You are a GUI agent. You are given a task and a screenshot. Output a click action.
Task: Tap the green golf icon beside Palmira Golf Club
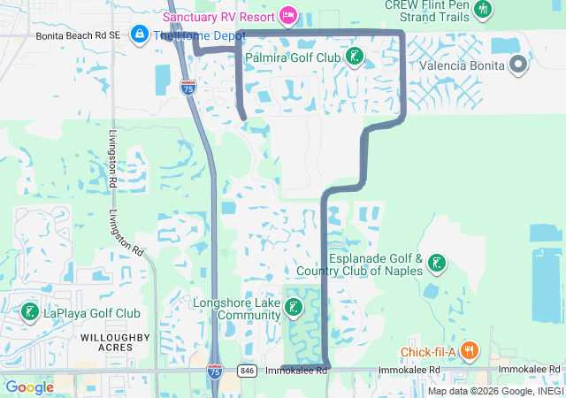(355, 57)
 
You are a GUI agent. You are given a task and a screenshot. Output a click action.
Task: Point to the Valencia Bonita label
(461, 65)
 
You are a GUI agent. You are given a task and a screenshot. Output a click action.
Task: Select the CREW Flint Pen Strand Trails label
(425, 10)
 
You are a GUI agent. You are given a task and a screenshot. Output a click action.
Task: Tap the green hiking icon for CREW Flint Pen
(482, 10)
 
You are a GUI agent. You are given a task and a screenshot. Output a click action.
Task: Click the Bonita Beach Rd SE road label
(78, 36)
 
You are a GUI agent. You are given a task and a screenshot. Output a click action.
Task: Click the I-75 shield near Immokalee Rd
(215, 372)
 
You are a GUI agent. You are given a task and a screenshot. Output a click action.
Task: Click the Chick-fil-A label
(427, 352)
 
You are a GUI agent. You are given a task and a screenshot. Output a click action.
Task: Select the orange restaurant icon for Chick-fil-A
(469, 351)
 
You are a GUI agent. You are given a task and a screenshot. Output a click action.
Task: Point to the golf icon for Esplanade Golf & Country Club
(436, 263)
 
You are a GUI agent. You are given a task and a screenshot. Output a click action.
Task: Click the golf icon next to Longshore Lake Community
(293, 308)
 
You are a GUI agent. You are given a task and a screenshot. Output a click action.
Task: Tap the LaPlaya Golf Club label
(92, 313)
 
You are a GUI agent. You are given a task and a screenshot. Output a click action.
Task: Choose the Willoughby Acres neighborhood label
(106, 342)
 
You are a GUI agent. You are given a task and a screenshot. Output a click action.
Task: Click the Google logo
(30, 387)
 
